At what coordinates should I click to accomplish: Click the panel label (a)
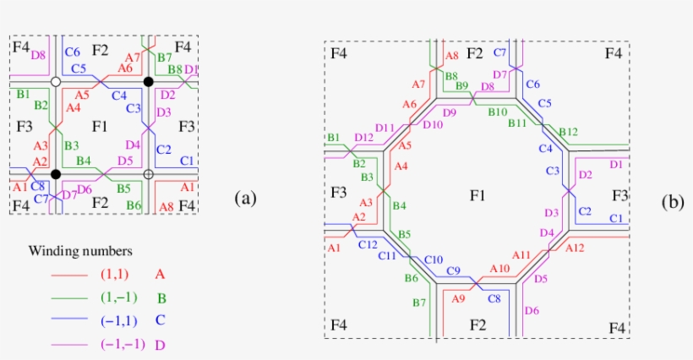coord(245,199)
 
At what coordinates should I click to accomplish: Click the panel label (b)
coord(674,202)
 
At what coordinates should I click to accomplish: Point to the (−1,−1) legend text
coord(123,344)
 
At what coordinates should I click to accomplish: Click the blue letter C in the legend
coord(160,321)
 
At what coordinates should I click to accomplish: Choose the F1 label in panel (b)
coord(477,196)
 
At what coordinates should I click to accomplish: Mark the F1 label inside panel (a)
coord(100,127)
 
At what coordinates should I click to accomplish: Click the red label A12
coord(575,248)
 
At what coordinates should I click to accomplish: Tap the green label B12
coord(568,132)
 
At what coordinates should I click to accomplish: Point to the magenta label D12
coord(364,137)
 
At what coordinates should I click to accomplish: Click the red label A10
coord(500,269)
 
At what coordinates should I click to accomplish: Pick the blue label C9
coord(453,270)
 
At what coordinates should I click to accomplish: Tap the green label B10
coord(497,112)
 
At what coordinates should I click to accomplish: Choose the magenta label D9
coord(448,112)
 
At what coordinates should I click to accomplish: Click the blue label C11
coord(387,255)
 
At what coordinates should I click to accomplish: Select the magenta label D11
coord(385,128)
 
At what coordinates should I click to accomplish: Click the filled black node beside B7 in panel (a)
coord(148,81)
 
